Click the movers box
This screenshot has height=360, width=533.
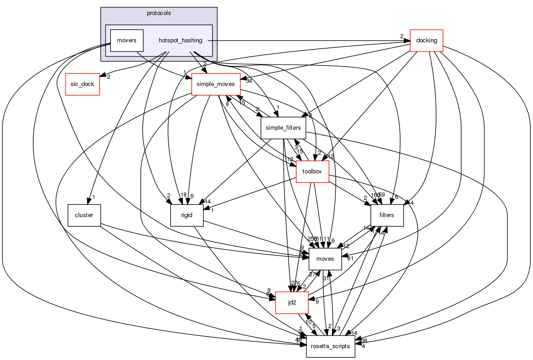(x=127, y=41)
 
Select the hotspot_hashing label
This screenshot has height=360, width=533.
(x=180, y=41)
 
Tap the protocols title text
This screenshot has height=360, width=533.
(x=159, y=13)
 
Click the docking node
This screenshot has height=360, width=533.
(x=426, y=41)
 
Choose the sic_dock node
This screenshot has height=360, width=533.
(x=82, y=84)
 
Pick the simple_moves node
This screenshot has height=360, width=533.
(x=215, y=84)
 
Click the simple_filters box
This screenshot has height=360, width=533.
(x=283, y=128)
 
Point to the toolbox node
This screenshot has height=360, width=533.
(x=312, y=172)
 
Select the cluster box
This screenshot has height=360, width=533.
(x=84, y=215)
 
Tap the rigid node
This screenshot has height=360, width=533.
(x=187, y=215)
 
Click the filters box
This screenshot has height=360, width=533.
(x=387, y=215)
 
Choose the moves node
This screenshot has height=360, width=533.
(x=325, y=259)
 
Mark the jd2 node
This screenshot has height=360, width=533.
(x=292, y=303)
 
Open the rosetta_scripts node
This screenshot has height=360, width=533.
(x=330, y=346)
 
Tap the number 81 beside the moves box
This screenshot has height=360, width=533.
(x=351, y=259)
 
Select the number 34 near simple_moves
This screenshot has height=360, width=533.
(x=249, y=81)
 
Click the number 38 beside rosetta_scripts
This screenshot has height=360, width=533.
(x=364, y=340)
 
